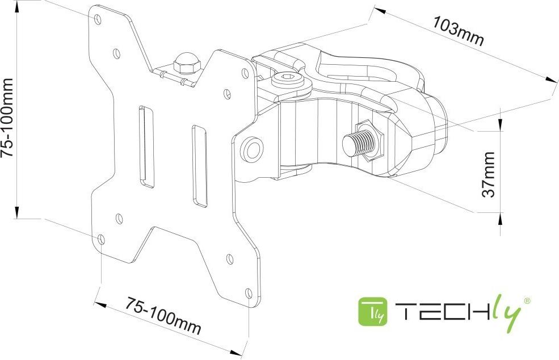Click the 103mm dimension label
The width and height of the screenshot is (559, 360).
459,31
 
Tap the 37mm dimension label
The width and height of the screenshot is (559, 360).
489,174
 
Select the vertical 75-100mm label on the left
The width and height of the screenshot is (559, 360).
7,118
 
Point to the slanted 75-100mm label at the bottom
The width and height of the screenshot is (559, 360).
163,315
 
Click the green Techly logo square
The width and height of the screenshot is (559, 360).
373,312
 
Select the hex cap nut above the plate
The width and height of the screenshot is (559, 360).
187,63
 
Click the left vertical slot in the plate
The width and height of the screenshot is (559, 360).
146,146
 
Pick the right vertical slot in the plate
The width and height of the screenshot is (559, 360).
199,166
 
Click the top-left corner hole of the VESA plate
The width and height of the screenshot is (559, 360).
98,19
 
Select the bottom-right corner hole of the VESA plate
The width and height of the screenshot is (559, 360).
249,294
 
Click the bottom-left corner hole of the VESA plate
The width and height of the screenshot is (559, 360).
101,240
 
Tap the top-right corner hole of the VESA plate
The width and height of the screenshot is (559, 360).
245,73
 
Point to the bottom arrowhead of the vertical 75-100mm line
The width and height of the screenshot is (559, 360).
16,212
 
